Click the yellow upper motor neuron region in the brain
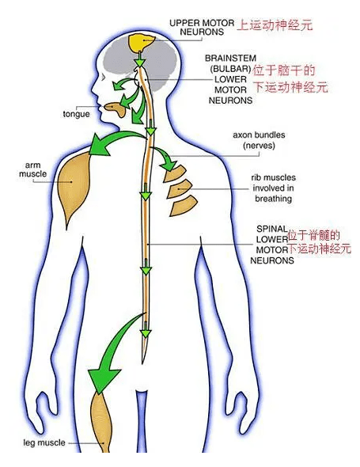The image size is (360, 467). [x=142, y=43]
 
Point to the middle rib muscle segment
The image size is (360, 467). [x=178, y=189]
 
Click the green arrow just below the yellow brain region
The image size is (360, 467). [x=139, y=60]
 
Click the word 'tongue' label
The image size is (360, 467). [x=76, y=114]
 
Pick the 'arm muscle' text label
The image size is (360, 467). [x=32, y=169]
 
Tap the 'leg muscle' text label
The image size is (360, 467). [x=44, y=442]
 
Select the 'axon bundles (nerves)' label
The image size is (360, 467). [x=259, y=140]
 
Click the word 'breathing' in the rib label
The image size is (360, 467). [x=273, y=199]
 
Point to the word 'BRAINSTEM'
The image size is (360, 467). [x=230, y=58]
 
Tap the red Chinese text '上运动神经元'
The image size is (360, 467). [x=275, y=25]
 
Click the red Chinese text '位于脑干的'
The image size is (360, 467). [x=284, y=71]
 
